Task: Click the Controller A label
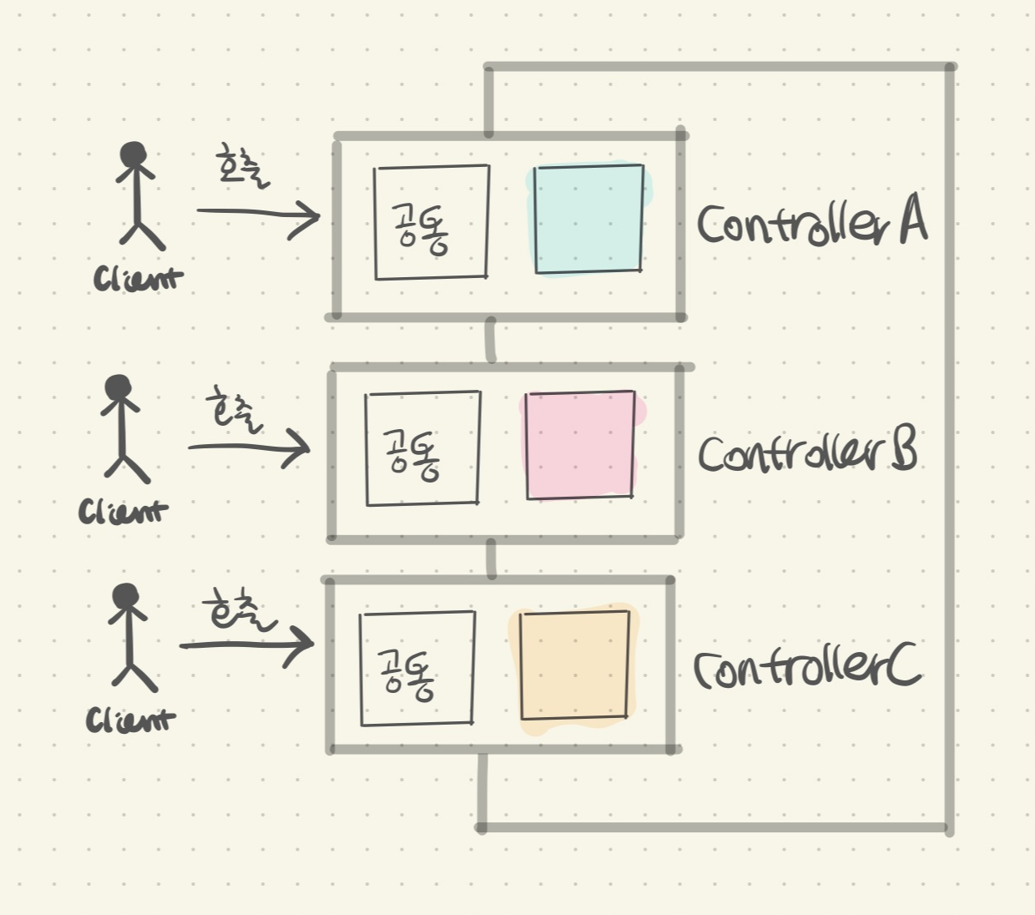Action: point(811,223)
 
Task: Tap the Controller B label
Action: point(807,452)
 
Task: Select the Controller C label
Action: point(807,667)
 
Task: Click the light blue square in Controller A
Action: point(588,220)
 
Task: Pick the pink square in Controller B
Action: point(580,446)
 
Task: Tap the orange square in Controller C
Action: point(574,665)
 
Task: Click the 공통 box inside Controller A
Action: point(431,222)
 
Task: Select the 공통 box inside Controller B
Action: point(422,448)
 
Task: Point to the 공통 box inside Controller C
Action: point(417,669)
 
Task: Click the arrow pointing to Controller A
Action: point(259,215)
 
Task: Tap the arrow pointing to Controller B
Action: point(249,448)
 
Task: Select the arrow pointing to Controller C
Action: point(246,644)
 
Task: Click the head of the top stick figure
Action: point(133,155)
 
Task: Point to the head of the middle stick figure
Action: point(119,387)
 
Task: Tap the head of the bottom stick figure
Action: point(126,595)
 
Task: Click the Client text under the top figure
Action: point(138,279)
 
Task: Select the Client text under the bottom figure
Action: point(130,720)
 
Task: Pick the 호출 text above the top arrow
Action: point(242,166)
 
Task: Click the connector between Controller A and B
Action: point(491,340)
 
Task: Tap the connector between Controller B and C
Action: point(491,558)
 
